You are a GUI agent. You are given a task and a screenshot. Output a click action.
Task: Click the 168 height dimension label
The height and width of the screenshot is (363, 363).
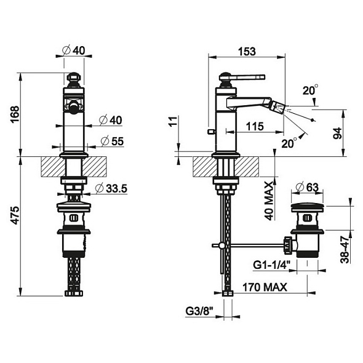15,114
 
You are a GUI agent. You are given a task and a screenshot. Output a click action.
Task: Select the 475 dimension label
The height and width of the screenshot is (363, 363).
15,215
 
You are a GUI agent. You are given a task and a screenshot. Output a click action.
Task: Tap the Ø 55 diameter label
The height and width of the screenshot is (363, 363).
113,142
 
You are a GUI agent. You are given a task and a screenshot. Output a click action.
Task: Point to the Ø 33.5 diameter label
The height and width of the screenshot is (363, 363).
111,188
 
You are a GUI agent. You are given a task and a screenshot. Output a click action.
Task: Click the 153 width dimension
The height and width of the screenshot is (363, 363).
247,52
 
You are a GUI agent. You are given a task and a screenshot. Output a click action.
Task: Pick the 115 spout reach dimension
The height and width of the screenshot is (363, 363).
255,126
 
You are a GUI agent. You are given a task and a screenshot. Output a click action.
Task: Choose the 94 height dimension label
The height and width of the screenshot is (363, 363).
337,133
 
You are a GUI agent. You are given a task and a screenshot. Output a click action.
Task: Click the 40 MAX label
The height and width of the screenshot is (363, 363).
269,201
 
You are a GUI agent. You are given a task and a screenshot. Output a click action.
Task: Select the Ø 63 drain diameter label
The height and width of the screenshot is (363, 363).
308,187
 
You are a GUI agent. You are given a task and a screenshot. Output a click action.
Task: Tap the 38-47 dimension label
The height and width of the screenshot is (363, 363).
345,250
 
